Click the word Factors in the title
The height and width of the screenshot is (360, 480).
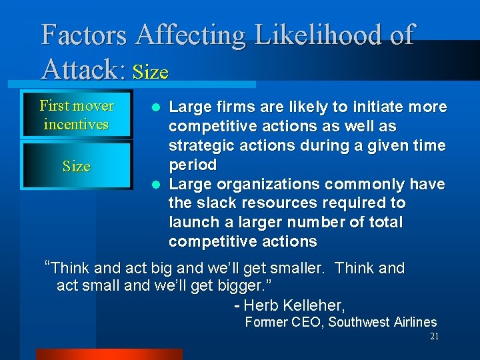(84, 34)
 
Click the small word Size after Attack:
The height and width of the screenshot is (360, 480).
(151, 72)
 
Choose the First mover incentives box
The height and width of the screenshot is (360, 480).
(76, 115)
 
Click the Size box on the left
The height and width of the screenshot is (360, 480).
(76, 166)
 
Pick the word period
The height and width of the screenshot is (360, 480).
(193, 165)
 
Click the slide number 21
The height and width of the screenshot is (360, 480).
(434, 337)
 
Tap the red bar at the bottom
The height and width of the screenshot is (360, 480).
(109, 354)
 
